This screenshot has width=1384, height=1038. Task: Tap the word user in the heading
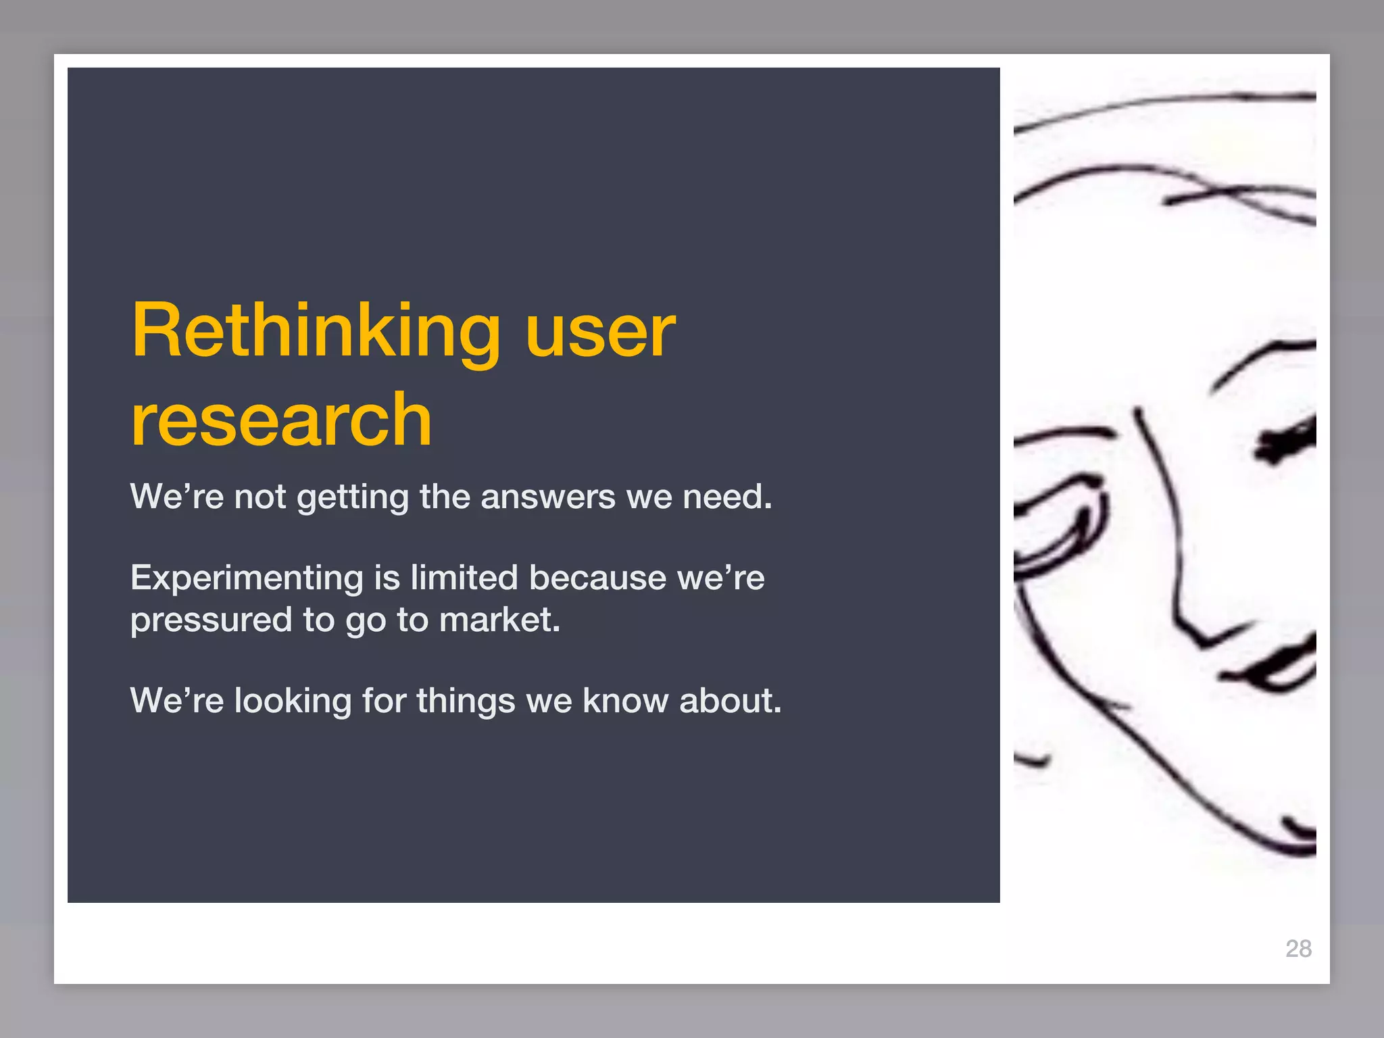point(600,332)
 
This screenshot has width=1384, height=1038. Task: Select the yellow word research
point(281,420)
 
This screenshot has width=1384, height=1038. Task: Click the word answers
point(548,497)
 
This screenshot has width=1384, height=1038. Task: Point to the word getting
point(353,498)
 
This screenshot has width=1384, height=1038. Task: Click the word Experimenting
point(247,579)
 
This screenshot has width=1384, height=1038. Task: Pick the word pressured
point(211,621)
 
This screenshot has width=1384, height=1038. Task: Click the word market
point(499,620)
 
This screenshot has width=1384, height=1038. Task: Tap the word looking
point(293,701)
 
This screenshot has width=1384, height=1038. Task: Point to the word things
point(466,701)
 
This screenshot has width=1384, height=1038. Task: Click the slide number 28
point(1298,948)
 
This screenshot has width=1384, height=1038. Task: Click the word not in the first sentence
point(260,497)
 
